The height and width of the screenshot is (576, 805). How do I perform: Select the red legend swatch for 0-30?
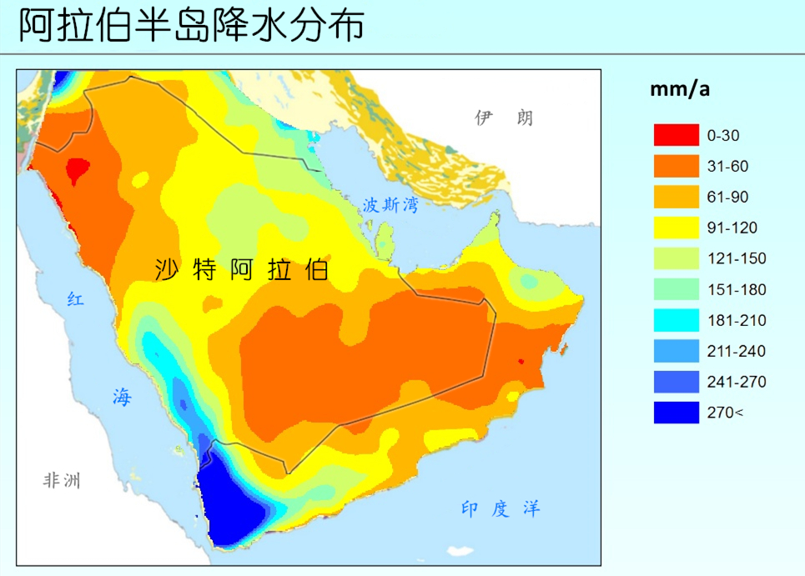676,135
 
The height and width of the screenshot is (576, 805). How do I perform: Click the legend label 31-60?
727,166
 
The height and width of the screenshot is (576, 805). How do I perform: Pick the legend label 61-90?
727,197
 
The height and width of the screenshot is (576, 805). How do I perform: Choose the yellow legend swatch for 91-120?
676,228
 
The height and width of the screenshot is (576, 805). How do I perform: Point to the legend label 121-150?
736,258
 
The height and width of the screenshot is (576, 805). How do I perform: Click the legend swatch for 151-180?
676,289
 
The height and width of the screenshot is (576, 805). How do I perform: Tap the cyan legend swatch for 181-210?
676,320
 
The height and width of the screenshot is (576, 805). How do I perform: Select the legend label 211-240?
736,351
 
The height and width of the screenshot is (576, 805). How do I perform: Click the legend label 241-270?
736,382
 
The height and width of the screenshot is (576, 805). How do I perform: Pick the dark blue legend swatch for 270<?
676,413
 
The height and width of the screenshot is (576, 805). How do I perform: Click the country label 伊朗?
503,118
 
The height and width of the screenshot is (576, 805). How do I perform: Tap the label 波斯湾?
390,206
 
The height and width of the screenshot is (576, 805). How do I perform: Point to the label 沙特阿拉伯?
242,270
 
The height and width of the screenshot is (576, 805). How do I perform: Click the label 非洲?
62,481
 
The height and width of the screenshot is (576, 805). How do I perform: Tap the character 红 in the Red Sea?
75,300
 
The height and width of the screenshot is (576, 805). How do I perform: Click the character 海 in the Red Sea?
122,398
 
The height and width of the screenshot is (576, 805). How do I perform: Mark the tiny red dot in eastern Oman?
521,361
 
